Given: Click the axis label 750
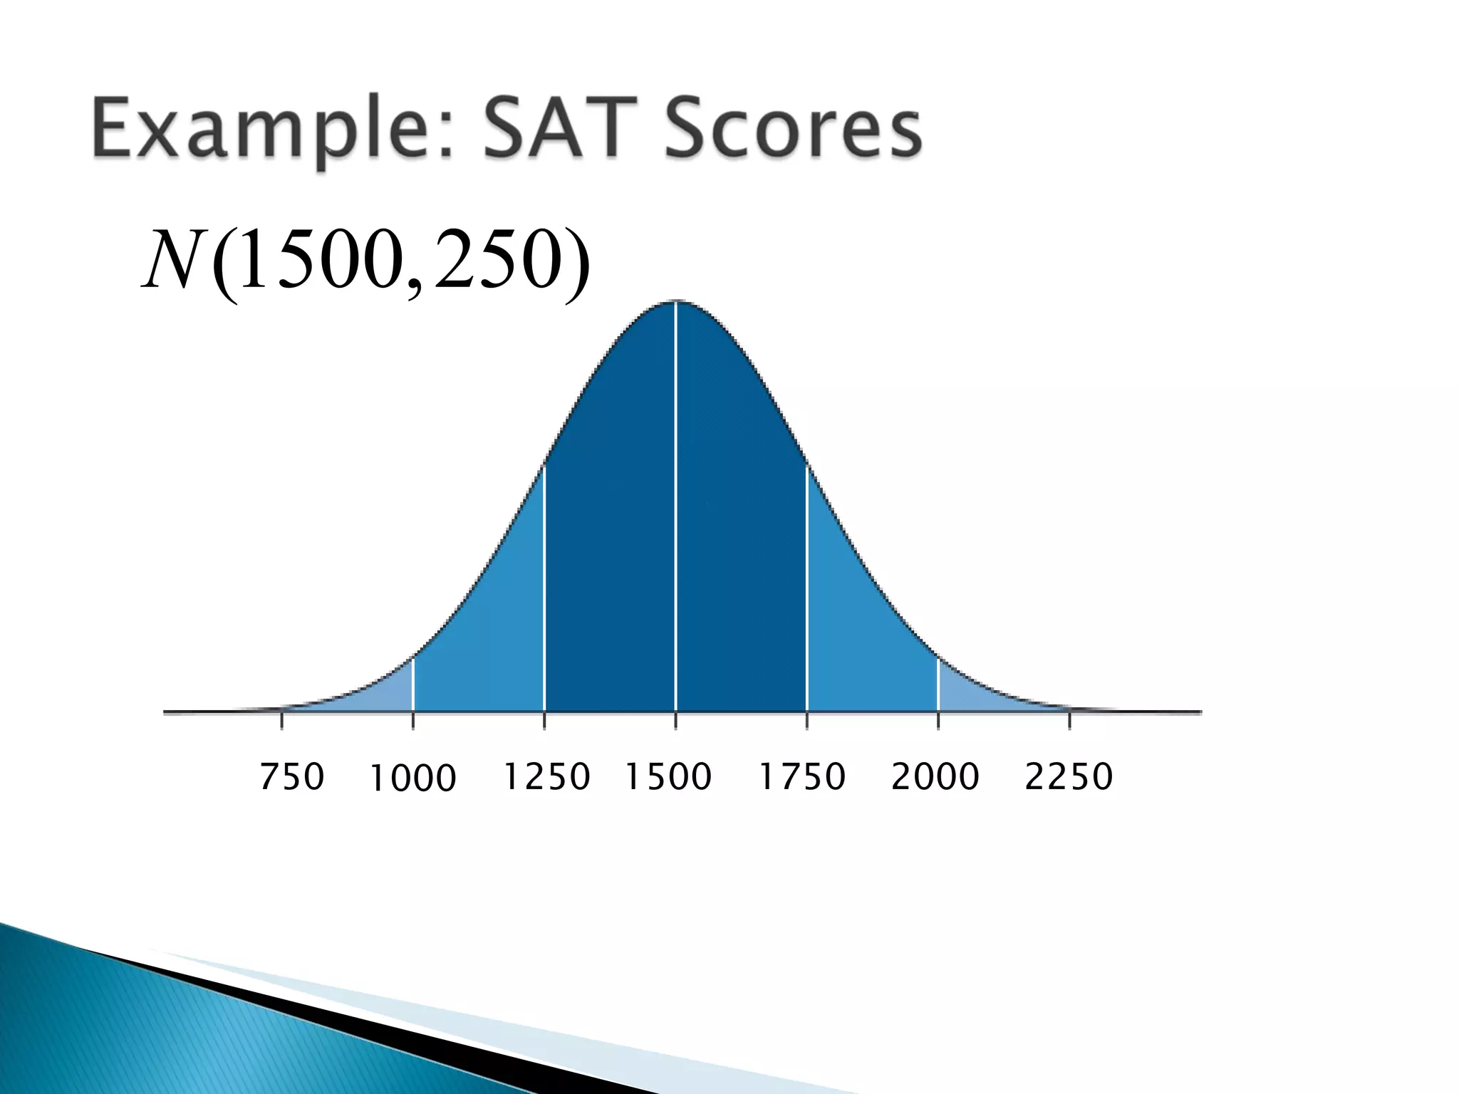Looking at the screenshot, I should pyautogui.click(x=292, y=776).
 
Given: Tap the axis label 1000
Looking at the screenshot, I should pyautogui.click(x=413, y=778).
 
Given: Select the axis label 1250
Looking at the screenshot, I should pyautogui.click(x=547, y=776).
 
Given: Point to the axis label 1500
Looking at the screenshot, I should pyautogui.click(x=668, y=776).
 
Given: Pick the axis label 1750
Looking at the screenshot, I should pyautogui.click(x=802, y=776).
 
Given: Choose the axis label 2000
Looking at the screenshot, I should pyautogui.click(x=935, y=776).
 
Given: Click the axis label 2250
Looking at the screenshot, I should pyautogui.click(x=1069, y=776).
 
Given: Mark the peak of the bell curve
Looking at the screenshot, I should pyautogui.click(x=676, y=302).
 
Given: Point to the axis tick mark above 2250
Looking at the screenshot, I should pyautogui.click(x=1069, y=720).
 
